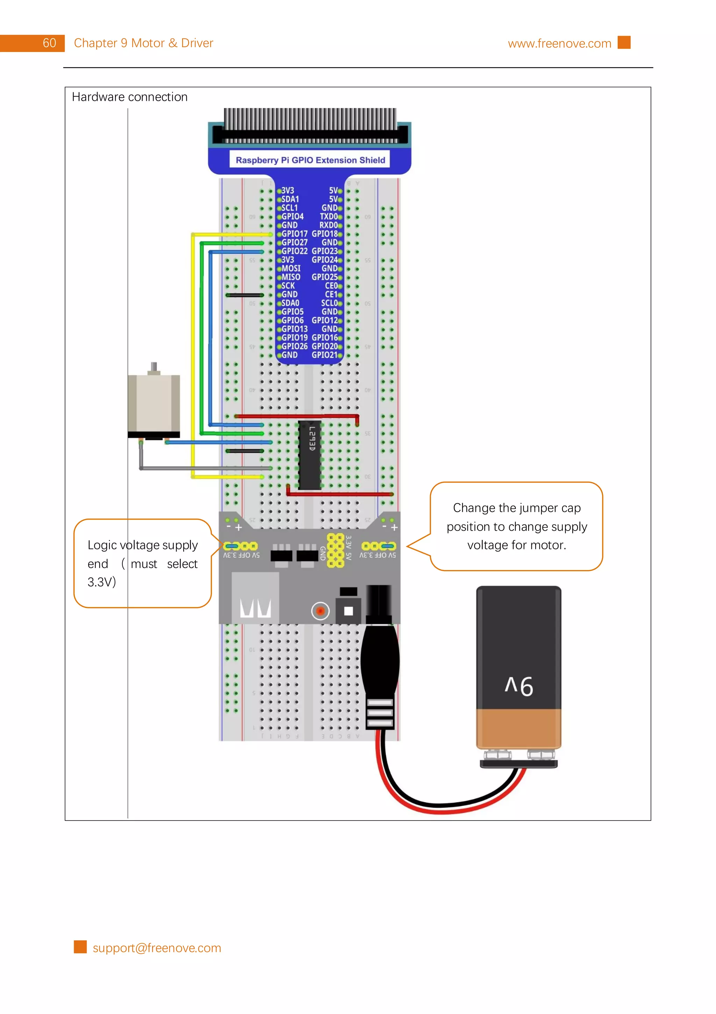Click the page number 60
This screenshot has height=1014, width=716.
click(49, 43)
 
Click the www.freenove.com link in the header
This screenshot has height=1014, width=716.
click(559, 44)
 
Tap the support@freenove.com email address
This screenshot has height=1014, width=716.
click(157, 948)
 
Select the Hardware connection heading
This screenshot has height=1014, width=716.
click(129, 97)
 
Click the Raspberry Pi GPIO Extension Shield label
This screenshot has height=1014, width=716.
click(310, 160)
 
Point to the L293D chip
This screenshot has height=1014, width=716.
click(310, 455)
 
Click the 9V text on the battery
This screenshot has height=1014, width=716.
click(519, 686)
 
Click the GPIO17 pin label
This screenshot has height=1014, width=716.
click(294, 234)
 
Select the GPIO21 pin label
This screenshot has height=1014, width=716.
click(324, 355)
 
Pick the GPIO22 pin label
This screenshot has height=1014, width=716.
click(294, 251)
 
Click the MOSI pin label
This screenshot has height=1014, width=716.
click(291, 268)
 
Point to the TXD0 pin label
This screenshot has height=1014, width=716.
click(328, 216)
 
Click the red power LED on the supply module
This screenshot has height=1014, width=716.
click(320, 611)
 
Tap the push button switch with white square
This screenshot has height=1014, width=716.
click(348, 610)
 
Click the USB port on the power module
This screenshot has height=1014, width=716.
click(255, 597)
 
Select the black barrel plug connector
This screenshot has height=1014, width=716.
click(380, 662)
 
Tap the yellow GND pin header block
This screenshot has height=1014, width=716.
click(335, 550)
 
